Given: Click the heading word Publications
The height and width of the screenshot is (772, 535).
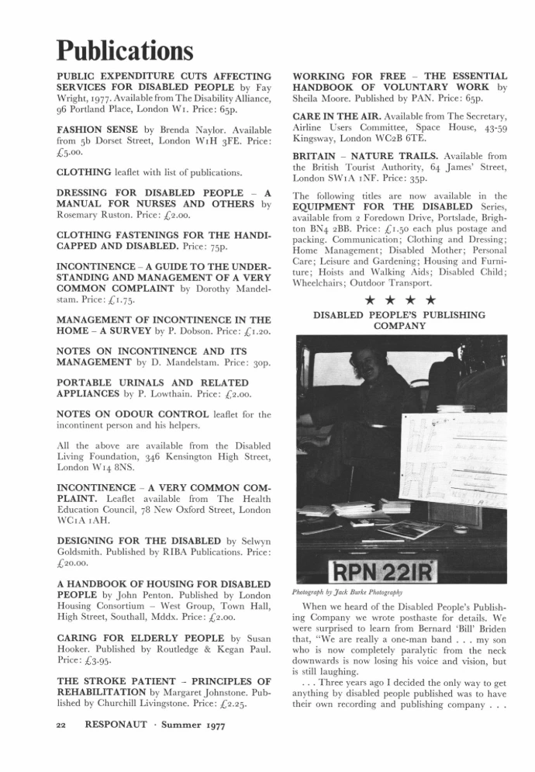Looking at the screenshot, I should (x=124, y=50).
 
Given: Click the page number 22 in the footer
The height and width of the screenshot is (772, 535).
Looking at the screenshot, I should (x=62, y=725).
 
